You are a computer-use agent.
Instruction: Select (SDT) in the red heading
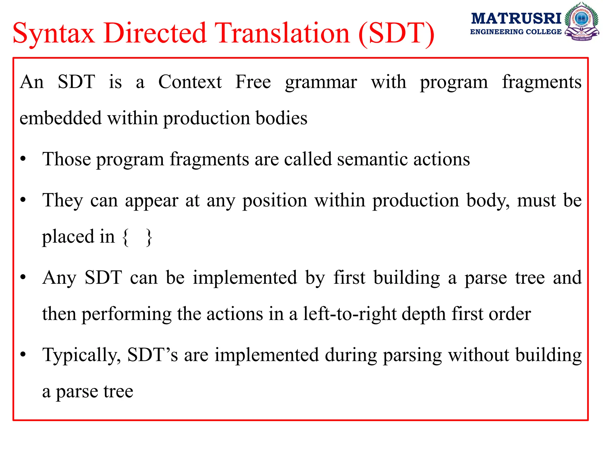point(396,34)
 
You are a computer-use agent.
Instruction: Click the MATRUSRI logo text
point(516,19)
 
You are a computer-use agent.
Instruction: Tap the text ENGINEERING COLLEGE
point(516,32)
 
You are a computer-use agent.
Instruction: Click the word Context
point(190,82)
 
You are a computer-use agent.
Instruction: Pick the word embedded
point(61,118)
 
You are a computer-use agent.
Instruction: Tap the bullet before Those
point(23,159)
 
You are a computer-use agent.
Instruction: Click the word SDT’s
point(153,355)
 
